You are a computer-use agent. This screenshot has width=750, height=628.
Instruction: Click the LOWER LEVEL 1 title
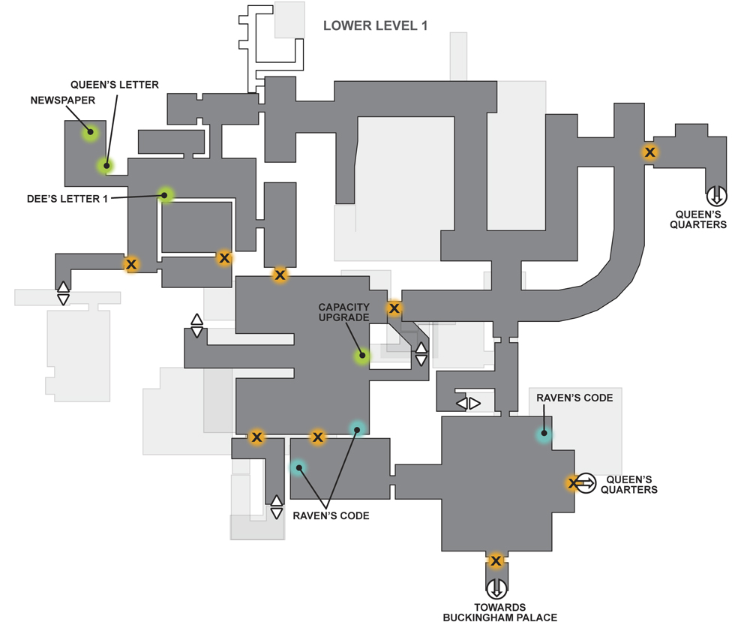pyautogui.click(x=376, y=26)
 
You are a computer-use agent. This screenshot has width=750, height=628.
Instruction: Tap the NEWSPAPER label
pyautogui.click(x=63, y=101)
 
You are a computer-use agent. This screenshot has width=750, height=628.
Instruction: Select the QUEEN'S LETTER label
pyautogui.click(x=115, y=85)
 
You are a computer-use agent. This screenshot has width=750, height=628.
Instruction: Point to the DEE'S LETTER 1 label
pyautogui.click(x=67, y=199)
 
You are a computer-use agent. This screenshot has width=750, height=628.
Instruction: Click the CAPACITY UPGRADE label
pyautogui.click(x=344, y=312)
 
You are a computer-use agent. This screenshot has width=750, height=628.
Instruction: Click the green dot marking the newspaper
pyautogui.click(x=90, y=132)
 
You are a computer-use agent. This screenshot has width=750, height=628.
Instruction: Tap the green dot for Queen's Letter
pyautogui.click(x=106, y=166)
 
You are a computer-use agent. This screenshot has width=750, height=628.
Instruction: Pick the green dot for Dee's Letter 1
pyautogui.click(x=164, y=195)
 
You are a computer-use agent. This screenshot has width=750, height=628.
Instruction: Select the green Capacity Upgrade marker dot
pyautogui.click(x=362, y=356)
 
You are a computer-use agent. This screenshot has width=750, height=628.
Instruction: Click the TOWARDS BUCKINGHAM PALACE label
pyautogui.click(x=499, y=613)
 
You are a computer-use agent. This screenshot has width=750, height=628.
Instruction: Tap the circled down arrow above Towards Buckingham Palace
pyautogui.click(x=496, y=589)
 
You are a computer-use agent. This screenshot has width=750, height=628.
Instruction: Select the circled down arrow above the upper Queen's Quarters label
pyautogui.click(x=716, y=197)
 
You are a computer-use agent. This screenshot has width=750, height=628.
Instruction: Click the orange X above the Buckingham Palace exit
pyautogui.click(x=496, y=560)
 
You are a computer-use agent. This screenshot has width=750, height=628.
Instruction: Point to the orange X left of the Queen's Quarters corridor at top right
pyautogui.click(x=649, y=152)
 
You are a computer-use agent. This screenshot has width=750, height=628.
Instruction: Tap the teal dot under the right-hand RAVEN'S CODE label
pyautogui.click(x=544, y=434)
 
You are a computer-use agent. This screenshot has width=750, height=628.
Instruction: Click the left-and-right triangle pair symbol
pyautogui.click(x=468, y=404)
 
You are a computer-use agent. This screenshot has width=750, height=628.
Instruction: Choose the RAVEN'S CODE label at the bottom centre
pyautogui.click(x=331, y=516)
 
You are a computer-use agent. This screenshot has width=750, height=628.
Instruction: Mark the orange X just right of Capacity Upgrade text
pyautogui.click(x=394, y=308)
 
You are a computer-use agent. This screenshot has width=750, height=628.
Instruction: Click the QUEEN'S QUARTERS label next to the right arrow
pyautogui.click(x=629, y=485)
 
